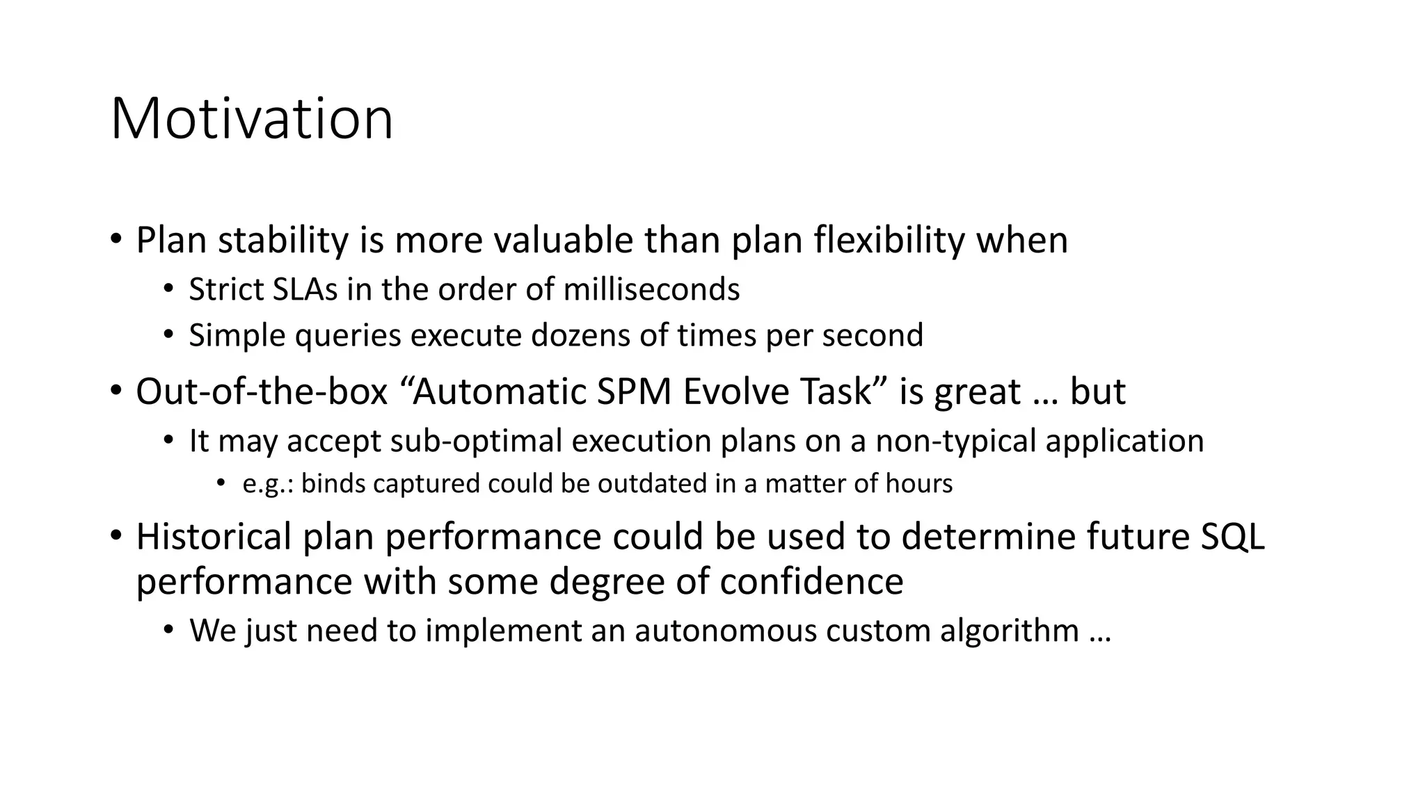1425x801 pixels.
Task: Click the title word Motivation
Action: click(x=252, y=119)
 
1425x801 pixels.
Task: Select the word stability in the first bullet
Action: click(x=282, y=241)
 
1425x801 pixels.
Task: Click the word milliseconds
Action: click(x=651, y=290)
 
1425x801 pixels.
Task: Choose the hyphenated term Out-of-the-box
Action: click(x=262, y=391)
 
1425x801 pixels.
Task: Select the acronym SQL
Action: click(x=1232, y=537)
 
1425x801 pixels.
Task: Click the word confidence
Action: click(x=811, y=581)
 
